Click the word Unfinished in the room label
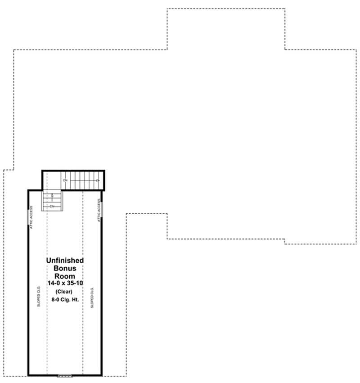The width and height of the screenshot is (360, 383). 65,261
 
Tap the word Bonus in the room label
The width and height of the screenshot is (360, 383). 65,268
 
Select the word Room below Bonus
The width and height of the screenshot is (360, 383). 65,275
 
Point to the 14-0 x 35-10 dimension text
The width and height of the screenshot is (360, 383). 65,283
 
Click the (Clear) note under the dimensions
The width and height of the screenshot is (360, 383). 65,291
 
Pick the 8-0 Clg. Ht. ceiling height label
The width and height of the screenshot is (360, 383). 65,299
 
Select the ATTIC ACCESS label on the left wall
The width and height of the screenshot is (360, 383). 31,217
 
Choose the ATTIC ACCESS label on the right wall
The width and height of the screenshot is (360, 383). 99,211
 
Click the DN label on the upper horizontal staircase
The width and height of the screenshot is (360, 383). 65,180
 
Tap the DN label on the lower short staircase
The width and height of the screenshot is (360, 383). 52,206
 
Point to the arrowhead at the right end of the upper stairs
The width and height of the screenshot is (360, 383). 97,180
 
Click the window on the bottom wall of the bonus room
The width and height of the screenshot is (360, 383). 65,375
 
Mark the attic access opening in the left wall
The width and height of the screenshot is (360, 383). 28,217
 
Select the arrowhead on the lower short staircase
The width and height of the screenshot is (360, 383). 52,195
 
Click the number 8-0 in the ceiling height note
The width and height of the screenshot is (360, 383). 55,299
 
